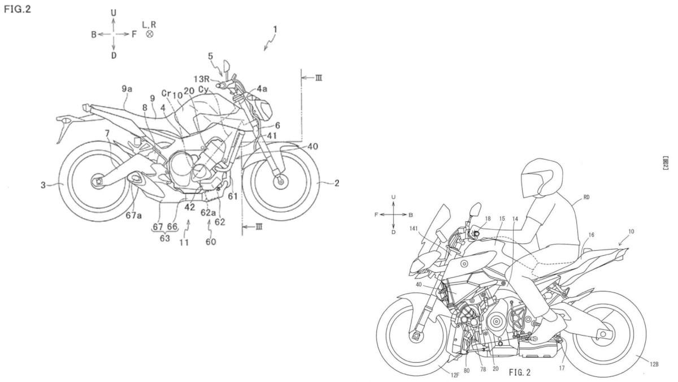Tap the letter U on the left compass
114,12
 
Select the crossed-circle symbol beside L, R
150,34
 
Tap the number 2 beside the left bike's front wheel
336,183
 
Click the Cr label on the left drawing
166,93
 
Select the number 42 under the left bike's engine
189,207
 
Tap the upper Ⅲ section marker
319,78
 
